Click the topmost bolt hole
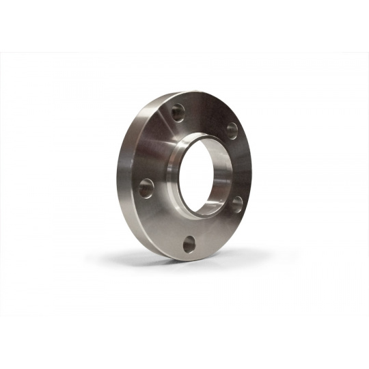[178, 111]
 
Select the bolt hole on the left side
[146, 187]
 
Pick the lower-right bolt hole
[236, 203]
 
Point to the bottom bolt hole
[189, 243]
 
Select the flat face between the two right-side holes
[240, 167]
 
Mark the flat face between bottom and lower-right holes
[217, 232]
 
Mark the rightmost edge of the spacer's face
[251, 171]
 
